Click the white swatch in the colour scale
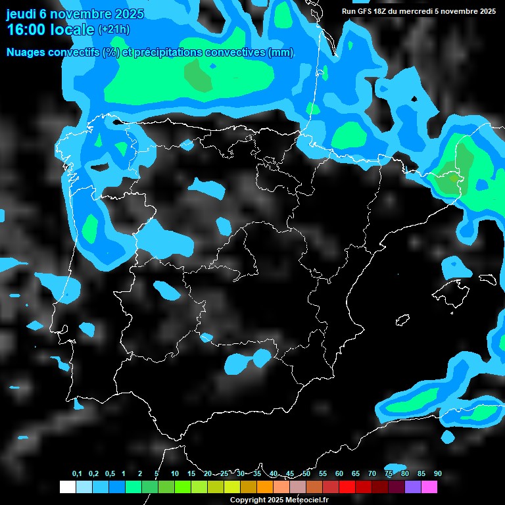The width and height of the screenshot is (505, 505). click(67, 487)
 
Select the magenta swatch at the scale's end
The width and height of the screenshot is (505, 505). click(429, 487)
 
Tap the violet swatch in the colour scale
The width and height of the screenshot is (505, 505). click(413, 487)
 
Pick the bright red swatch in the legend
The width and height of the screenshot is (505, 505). click(347, 487)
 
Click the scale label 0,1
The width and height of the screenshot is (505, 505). click(77, 474)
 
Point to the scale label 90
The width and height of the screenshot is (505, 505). click(438, 474)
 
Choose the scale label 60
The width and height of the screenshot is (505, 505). click(339, 474)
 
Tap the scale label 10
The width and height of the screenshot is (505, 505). click(175, 474)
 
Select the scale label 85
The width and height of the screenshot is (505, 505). click(421, 474)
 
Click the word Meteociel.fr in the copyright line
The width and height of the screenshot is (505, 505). click(307, 500)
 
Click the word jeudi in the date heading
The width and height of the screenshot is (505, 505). click(21, 14)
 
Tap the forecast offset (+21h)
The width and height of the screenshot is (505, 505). click(114, 30)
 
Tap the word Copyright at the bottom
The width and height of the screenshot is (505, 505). click(247, 500)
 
